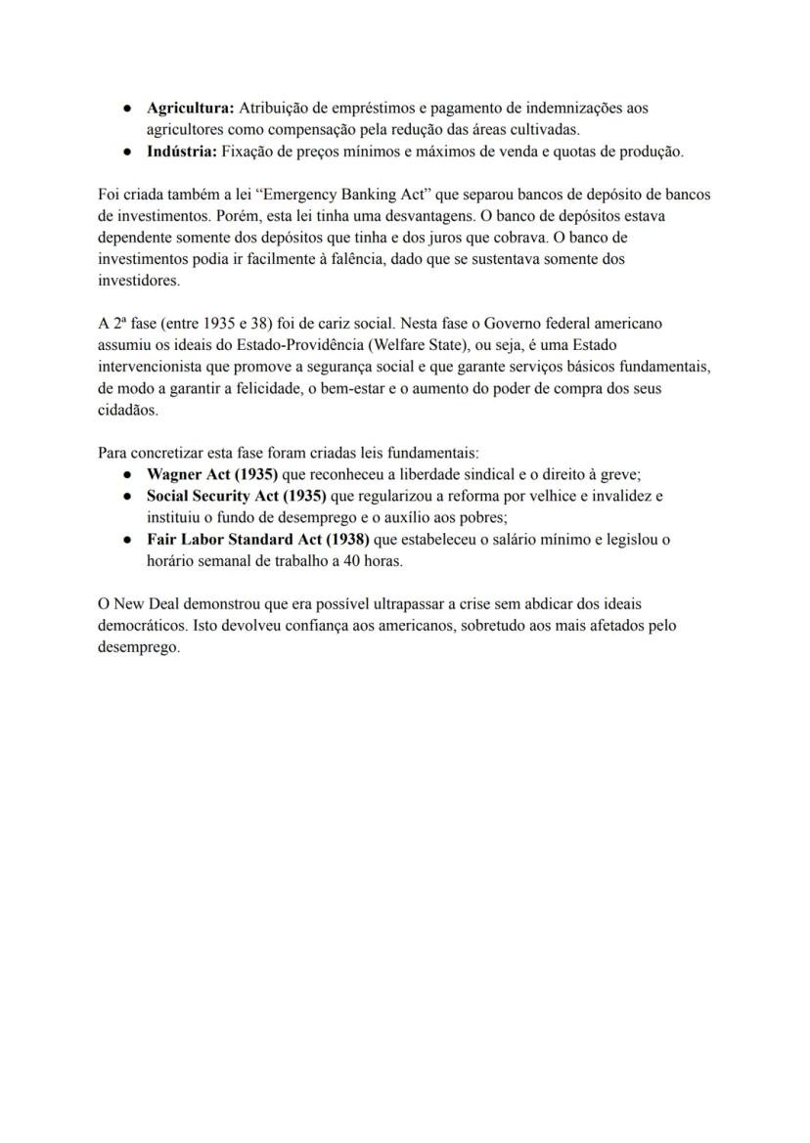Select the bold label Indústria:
coord(182,152)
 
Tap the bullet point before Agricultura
coord(128,108)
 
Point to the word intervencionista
coord(151,367)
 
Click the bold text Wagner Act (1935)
coord(212,474)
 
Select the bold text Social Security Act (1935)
coord(237,496)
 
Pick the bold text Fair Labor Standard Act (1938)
coord(258,540)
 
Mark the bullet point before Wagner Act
coord(128,474)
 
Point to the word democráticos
coord(139,626)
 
